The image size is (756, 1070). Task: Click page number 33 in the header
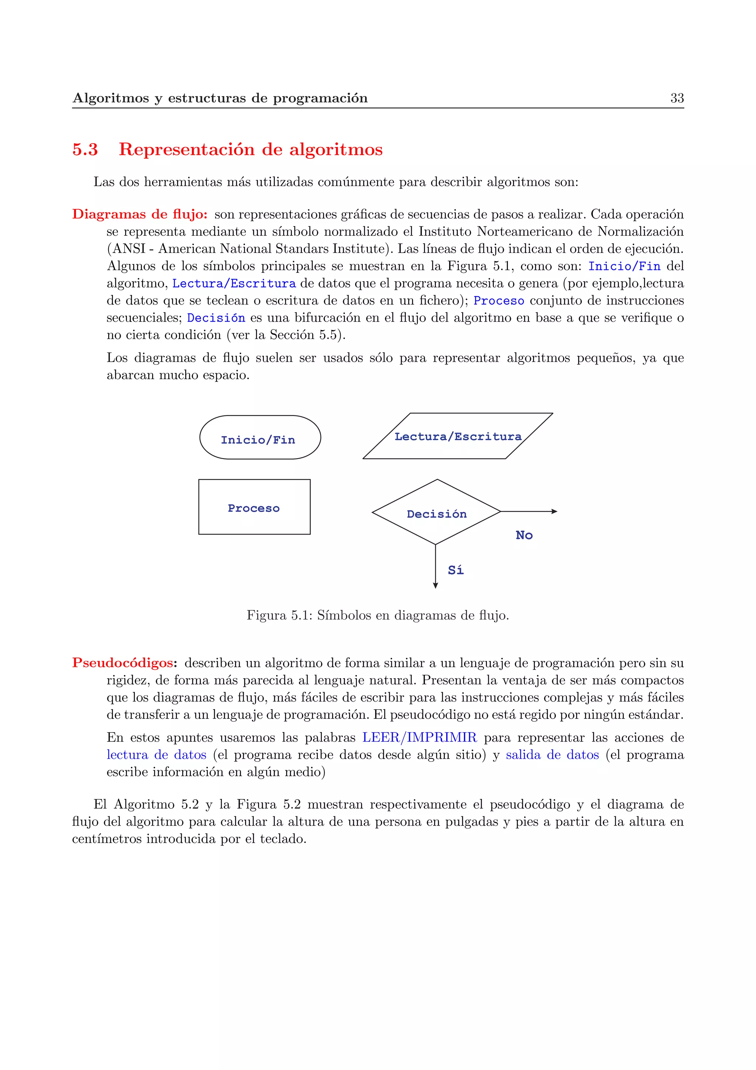coord(677,98)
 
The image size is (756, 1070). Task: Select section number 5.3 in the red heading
coord(85,150)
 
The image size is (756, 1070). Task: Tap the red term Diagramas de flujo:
coord(140,215)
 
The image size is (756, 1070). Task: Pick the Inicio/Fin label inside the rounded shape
coord(258,440)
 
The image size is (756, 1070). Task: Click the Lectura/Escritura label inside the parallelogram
coord(458,437)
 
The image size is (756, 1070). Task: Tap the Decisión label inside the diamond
coord(436,514)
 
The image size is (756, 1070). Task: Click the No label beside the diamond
coord(524,535)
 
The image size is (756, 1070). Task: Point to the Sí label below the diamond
coord(456,570)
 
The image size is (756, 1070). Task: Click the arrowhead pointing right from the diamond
coord(554,511)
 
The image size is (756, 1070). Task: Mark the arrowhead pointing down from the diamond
coord(436,586)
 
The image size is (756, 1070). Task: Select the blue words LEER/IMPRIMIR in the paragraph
coord(419,738)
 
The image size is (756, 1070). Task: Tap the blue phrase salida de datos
coord(552,755)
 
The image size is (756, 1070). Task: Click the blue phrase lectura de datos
coord(157,755)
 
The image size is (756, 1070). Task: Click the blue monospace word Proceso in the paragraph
coord(498,301)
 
